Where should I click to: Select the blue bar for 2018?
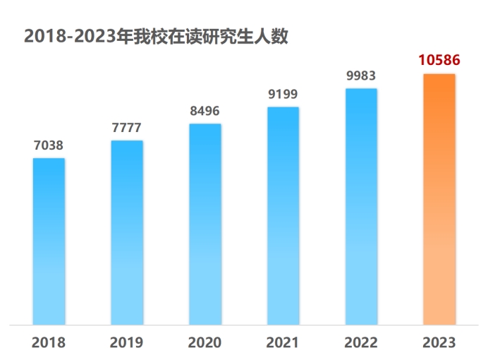[49, 240]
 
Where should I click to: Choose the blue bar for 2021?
[283, 215]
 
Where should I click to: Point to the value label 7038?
[49, 145]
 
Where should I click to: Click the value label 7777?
[127, 128]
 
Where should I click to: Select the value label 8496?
[205, 111]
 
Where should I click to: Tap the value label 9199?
[283, 94]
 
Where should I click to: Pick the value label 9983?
[361, 76]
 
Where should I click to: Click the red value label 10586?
[439, 60]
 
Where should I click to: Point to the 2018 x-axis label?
[49, 343]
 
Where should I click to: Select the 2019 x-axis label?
[127, 343]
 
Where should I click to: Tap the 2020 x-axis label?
[205, 343]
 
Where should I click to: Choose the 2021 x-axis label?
[283, 343]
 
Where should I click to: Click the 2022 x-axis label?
[361, 343]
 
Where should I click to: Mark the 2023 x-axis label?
[439, 343]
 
